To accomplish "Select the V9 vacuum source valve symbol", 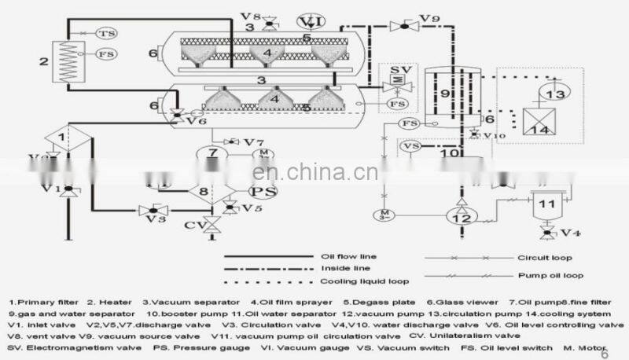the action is pos(405,26).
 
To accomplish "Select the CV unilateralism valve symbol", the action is pos(211,227).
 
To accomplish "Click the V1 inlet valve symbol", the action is pos(68,190).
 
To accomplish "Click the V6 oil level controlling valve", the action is pos(179,115).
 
